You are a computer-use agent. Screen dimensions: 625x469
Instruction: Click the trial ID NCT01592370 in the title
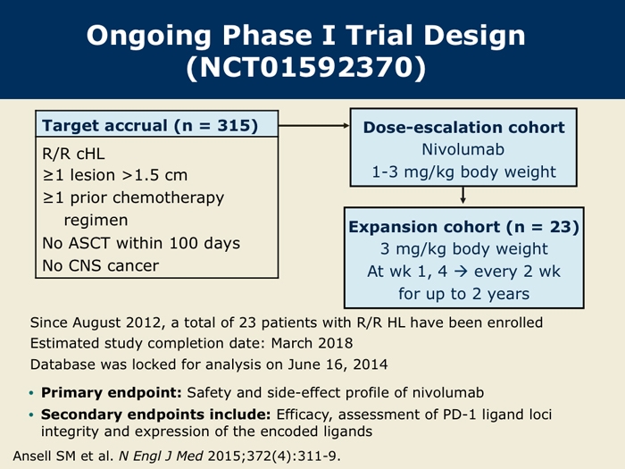click(x=305, y=67)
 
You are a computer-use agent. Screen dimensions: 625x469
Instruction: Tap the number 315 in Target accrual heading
click(x=234, y=125)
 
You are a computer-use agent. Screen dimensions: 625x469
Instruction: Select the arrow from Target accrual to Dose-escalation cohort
click(x=314, y=126)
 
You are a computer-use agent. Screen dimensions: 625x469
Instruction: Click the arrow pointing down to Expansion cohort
click(x=462, y=196)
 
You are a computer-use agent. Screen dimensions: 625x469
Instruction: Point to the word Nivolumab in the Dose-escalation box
click(x=463, y=149)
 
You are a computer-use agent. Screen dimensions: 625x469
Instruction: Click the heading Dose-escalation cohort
click(x=463, y=128)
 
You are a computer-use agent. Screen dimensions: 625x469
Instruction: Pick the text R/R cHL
click(x=74, y=154)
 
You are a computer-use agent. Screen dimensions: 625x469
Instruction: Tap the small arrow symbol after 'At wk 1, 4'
click(x=461, y=272)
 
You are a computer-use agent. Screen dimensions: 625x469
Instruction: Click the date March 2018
click(x=312, y=343)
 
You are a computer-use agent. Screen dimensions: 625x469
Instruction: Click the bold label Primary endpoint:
click(x=112, y=393)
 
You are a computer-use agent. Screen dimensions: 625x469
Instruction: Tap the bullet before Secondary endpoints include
click(x=31, y=415)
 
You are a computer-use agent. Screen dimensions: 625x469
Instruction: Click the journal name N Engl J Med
click(x=161, y=456)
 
